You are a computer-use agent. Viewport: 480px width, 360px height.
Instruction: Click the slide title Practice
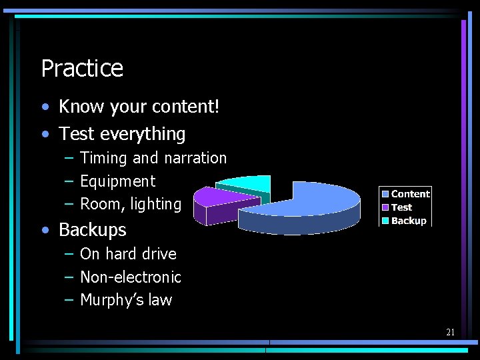(x=82, y=68)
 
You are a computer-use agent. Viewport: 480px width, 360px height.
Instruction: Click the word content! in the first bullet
(x=187, y=107)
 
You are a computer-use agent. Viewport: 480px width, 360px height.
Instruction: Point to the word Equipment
(x=117, y=181)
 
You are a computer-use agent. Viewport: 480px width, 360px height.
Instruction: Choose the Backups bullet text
(x=92, y=230)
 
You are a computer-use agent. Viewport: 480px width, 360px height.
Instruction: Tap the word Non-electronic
(x=131, y=277)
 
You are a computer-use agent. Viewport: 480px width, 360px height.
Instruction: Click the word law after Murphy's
(x=160, y=301)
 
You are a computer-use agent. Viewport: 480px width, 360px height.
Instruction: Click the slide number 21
(x=450, y=332)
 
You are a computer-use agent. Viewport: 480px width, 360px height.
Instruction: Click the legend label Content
(x=410, y=194)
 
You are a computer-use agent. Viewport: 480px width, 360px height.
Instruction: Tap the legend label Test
(x=401, y=207)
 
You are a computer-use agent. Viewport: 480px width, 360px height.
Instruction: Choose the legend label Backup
(x=409, y=221)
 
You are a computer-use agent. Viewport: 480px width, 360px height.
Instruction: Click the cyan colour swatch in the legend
(x=386, y=221)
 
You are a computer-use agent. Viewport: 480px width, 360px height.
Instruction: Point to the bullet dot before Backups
(x=45, y=231)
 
